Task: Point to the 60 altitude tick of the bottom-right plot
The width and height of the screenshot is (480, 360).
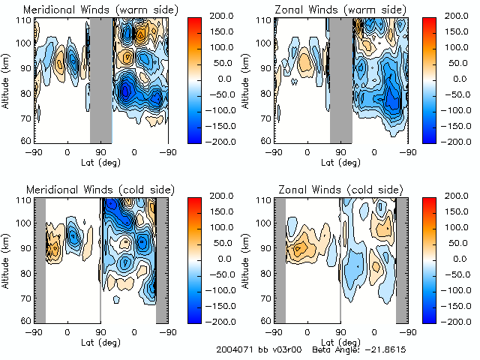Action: (265, 320)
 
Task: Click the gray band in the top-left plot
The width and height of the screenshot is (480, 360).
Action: (100, 79)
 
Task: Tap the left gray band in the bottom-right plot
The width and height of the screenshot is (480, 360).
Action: (279, 259)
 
